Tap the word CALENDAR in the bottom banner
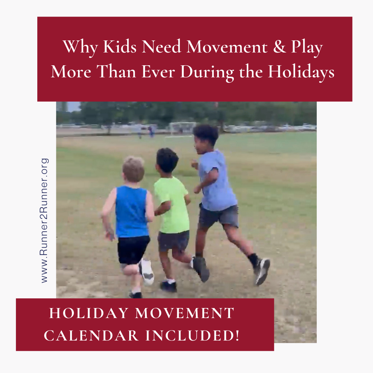tap(91, 335)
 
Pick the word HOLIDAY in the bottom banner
tap(88, 313)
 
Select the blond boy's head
tap(133, 170)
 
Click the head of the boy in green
tap(167, 160)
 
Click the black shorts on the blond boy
tap(133, 249)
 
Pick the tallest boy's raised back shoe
tap(262, 271)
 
